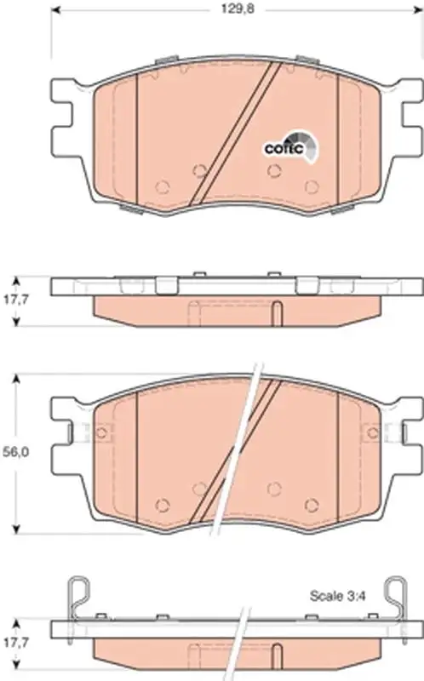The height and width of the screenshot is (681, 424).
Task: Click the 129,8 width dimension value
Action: (x=238, y=9)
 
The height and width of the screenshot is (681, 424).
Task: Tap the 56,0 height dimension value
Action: (x=15, y=452)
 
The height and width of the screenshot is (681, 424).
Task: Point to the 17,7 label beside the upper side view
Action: (x=15, y=300)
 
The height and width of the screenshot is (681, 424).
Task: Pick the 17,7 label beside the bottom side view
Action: (x=15, y=642)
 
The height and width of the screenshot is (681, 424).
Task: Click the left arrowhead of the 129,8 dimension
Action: (x=55, y=9)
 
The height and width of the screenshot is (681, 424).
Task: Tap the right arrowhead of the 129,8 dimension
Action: (x=418, y=9)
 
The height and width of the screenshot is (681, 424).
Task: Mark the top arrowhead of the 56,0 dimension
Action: (x=16, y=379)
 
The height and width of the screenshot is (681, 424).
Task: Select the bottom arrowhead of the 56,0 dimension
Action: (x=16, y=529)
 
